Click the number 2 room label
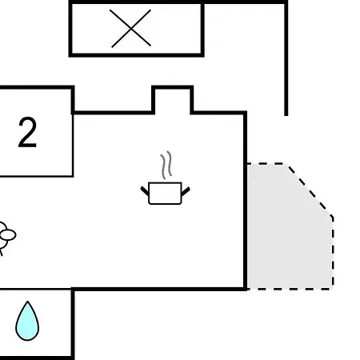(27, 132)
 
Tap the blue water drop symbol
(27, 321)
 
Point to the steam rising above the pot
(166, 165)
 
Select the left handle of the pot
(145, 190)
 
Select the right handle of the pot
(186, 191)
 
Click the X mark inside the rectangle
(130, 28)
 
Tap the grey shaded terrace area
(290, 226)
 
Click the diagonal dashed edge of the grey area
(310, 190)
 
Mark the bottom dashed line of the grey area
(290, 289)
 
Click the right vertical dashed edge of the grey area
(333, 252)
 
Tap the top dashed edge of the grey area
(266, 163)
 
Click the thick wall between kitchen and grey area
(245, 202)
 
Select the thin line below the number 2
(37, 176)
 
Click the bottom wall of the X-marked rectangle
(136, 55)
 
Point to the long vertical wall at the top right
(286, 58)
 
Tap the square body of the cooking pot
(165, 194)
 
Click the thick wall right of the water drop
(73, 324)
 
